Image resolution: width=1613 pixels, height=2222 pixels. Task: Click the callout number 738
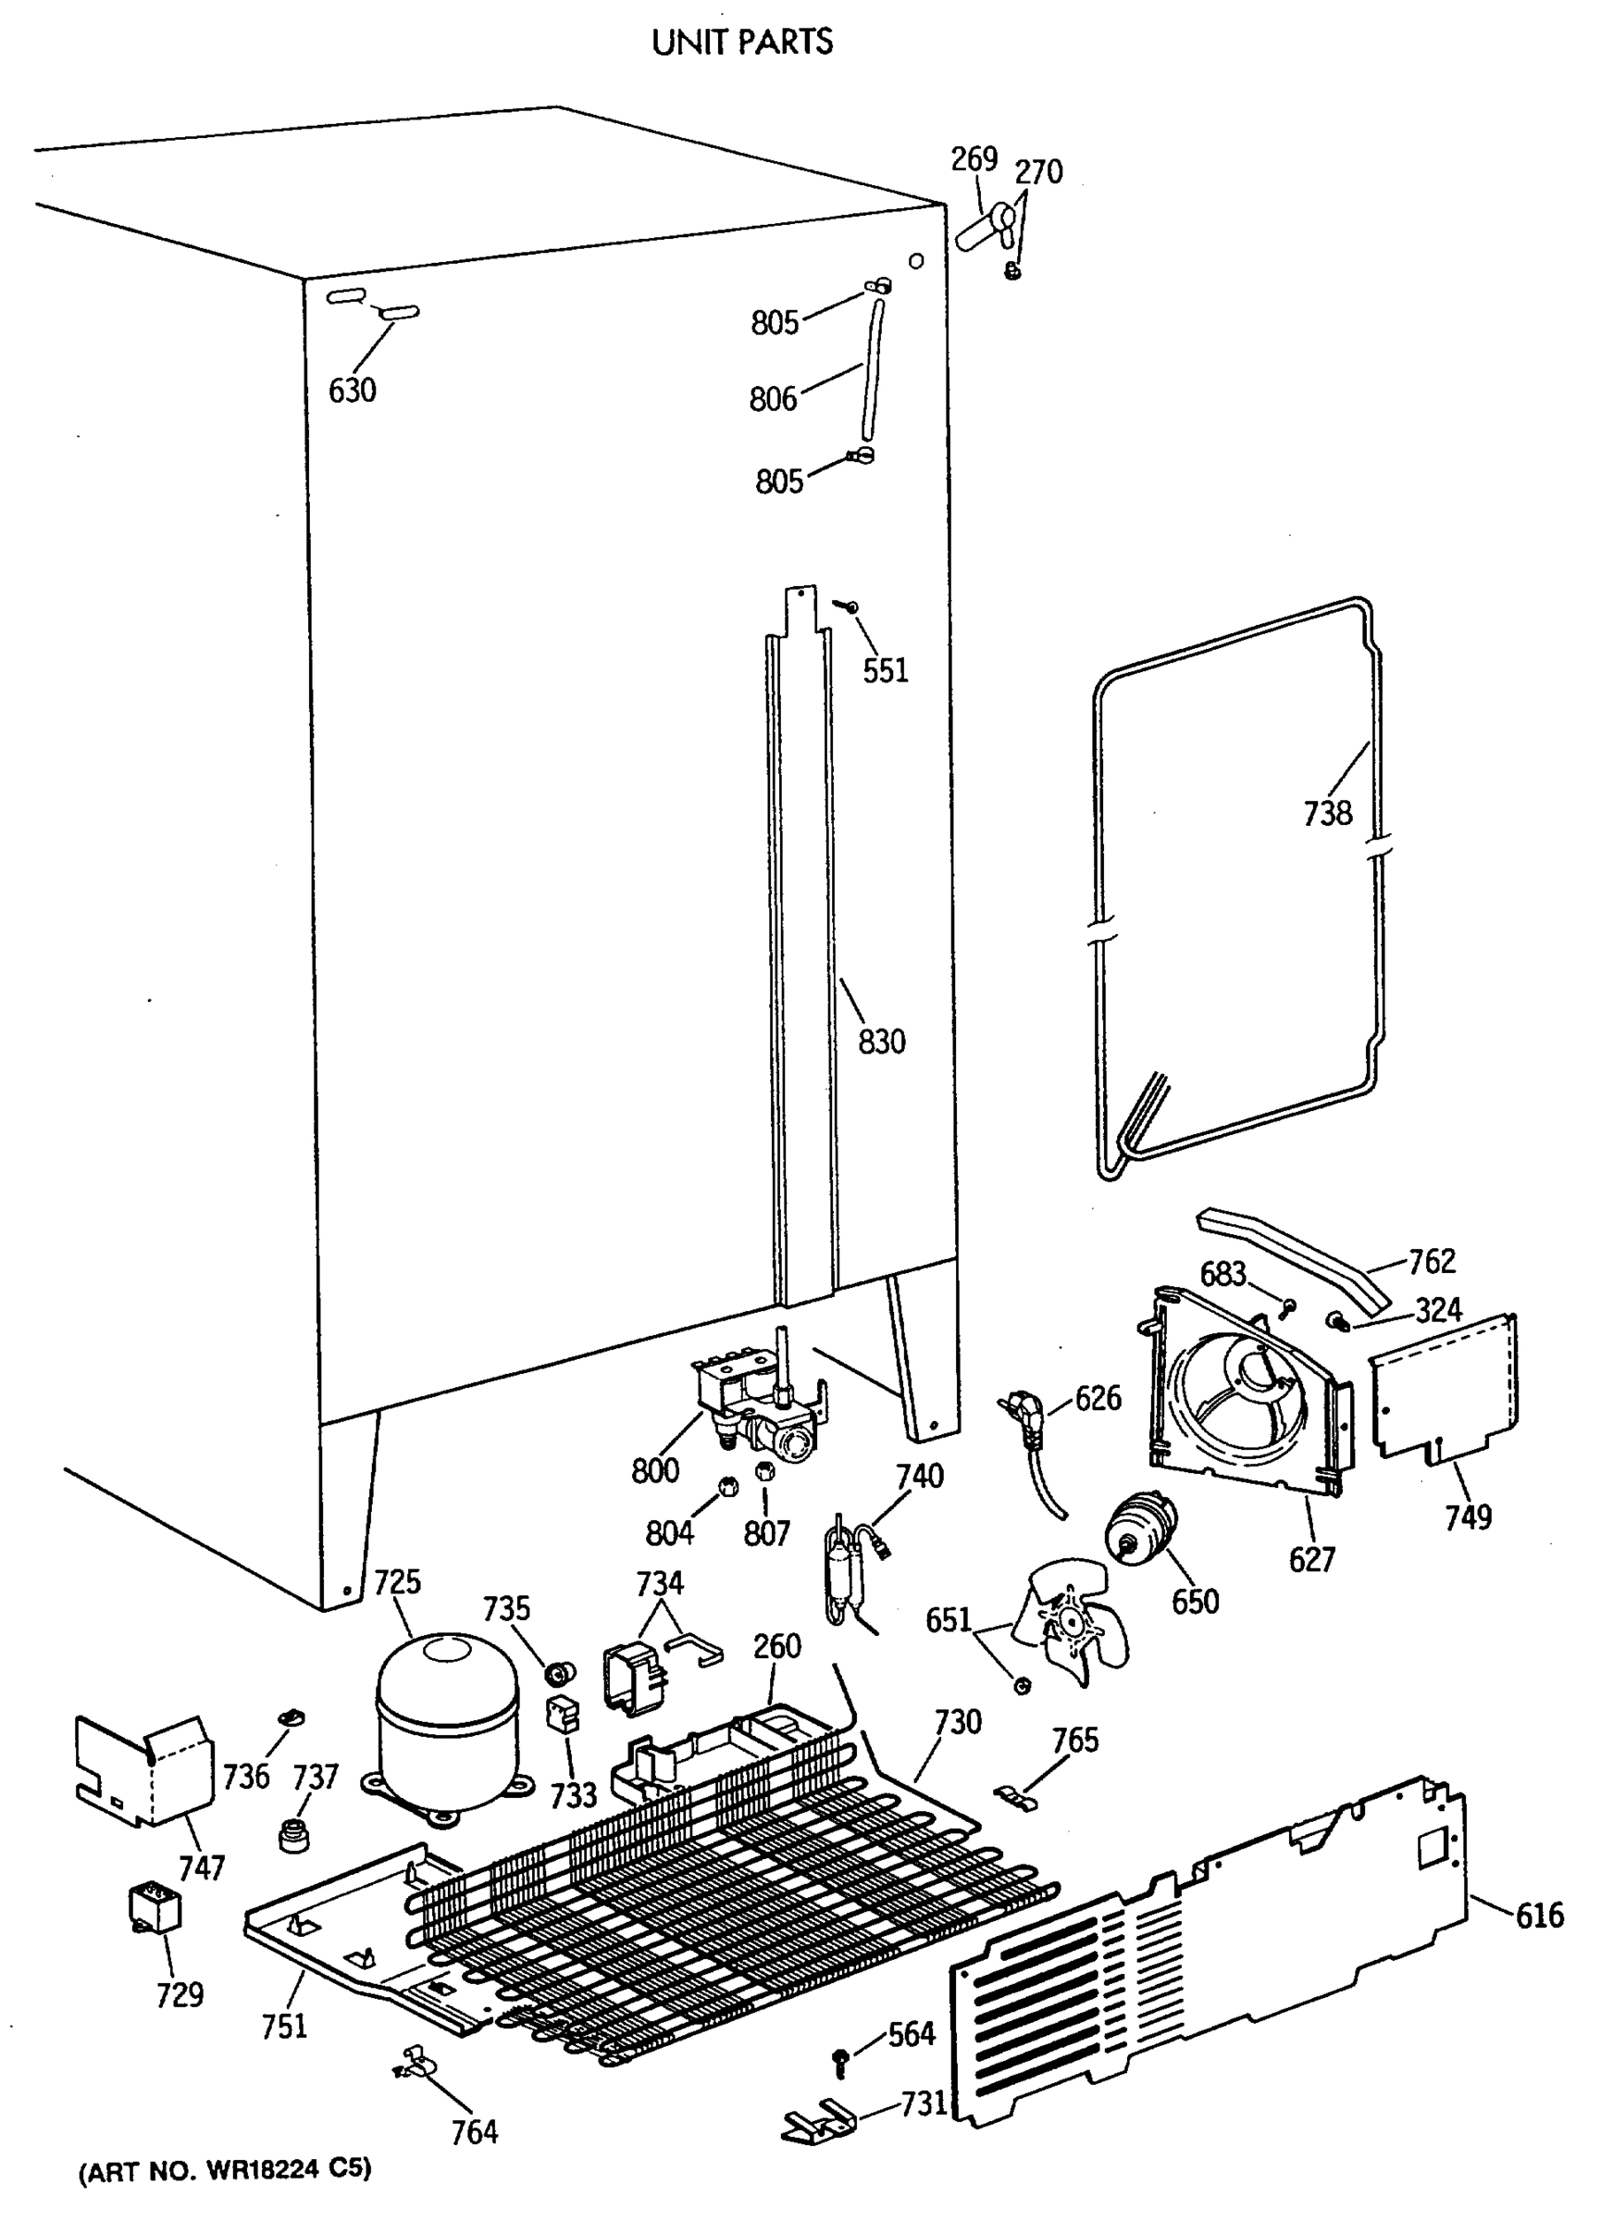[1327, 813]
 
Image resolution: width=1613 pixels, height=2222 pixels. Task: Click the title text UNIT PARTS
[742, 43]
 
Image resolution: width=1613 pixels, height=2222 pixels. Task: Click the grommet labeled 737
[291, 1835]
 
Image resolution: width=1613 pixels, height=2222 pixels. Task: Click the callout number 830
[881, 1042]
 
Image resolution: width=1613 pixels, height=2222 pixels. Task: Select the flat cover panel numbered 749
[1445, 1391]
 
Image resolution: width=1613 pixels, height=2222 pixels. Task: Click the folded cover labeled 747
[146, 1773]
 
